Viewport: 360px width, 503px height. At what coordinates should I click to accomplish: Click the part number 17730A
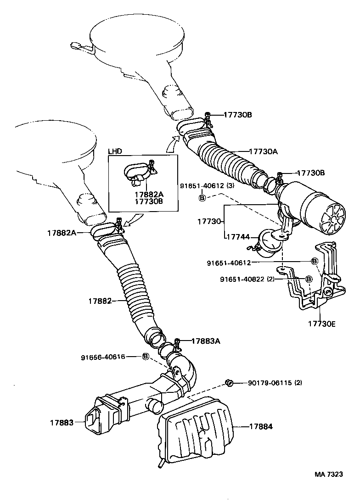(264, 151)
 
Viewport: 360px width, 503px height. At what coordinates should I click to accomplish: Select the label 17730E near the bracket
(322, 324)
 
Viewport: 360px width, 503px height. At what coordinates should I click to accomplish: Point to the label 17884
(261, 426)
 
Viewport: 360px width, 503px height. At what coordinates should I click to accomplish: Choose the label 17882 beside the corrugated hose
(101, 301)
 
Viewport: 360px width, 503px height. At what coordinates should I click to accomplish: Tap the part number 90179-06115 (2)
(275, 383)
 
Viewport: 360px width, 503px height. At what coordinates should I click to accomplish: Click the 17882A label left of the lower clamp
(61, 233)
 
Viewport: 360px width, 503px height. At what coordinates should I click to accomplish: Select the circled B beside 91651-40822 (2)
(309, 279)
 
